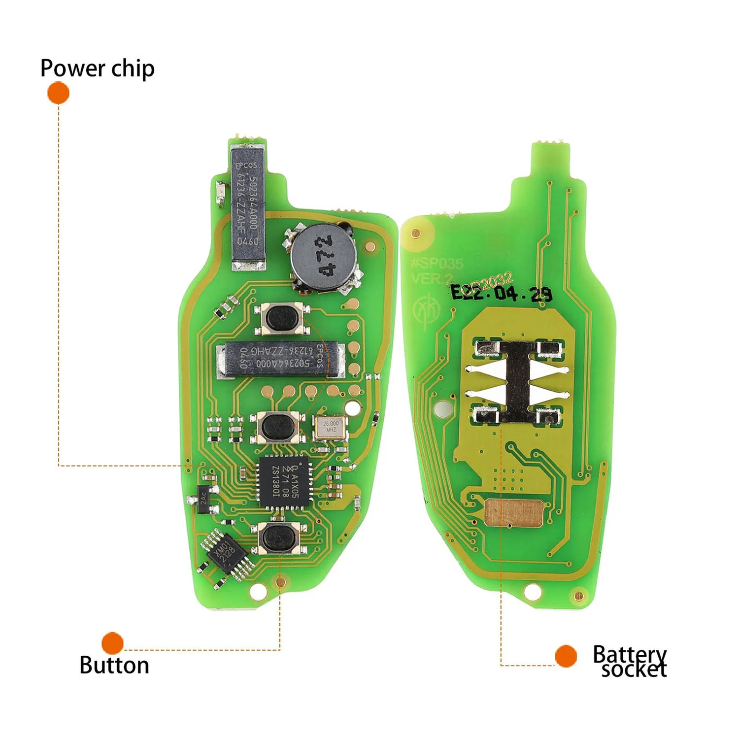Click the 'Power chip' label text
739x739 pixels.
[97, 68]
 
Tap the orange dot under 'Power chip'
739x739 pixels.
[58, 93]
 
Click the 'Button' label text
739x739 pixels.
[114, 666]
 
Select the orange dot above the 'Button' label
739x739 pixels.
[112, 642]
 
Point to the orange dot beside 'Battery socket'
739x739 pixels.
[566, 656]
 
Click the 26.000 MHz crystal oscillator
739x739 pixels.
[330, 427]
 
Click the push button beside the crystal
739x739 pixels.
[277, 427]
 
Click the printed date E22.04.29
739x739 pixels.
[502, 293]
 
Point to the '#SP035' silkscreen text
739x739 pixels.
[437, 263]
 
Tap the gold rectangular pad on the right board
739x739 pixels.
[513, 512]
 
